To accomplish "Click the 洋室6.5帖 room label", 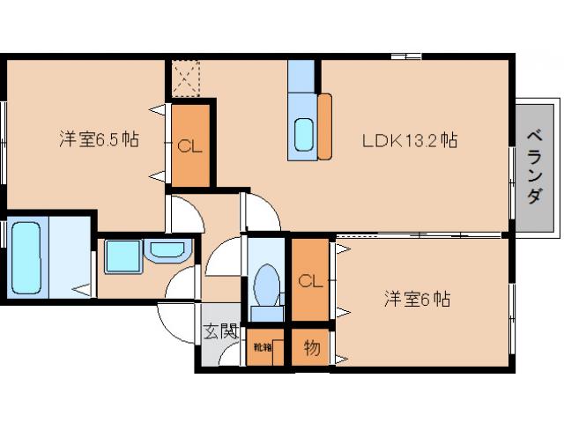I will click(98, 139).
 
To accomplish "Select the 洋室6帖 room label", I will click(417, 299).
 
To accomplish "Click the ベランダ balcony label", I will click(534, 167).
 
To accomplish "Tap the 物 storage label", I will click(311, 347).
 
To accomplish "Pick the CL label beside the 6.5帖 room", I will click(190, 146).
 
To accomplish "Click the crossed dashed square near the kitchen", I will click(187, 77).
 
